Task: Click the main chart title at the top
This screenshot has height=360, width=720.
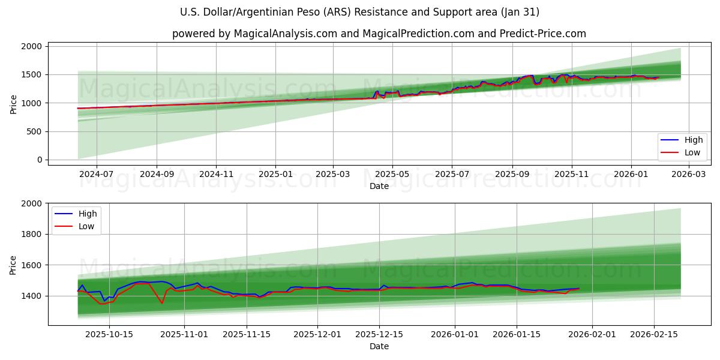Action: point(359,12)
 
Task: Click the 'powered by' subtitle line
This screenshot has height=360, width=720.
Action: point(379,34)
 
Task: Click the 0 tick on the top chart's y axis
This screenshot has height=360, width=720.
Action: point(39,160)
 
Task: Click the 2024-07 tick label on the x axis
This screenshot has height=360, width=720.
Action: point(96,175)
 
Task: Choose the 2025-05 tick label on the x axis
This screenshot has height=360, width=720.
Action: point(392,175)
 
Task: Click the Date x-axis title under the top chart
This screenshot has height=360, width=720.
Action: point(379,186)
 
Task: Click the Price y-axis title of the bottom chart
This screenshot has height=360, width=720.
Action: point(13,264)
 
